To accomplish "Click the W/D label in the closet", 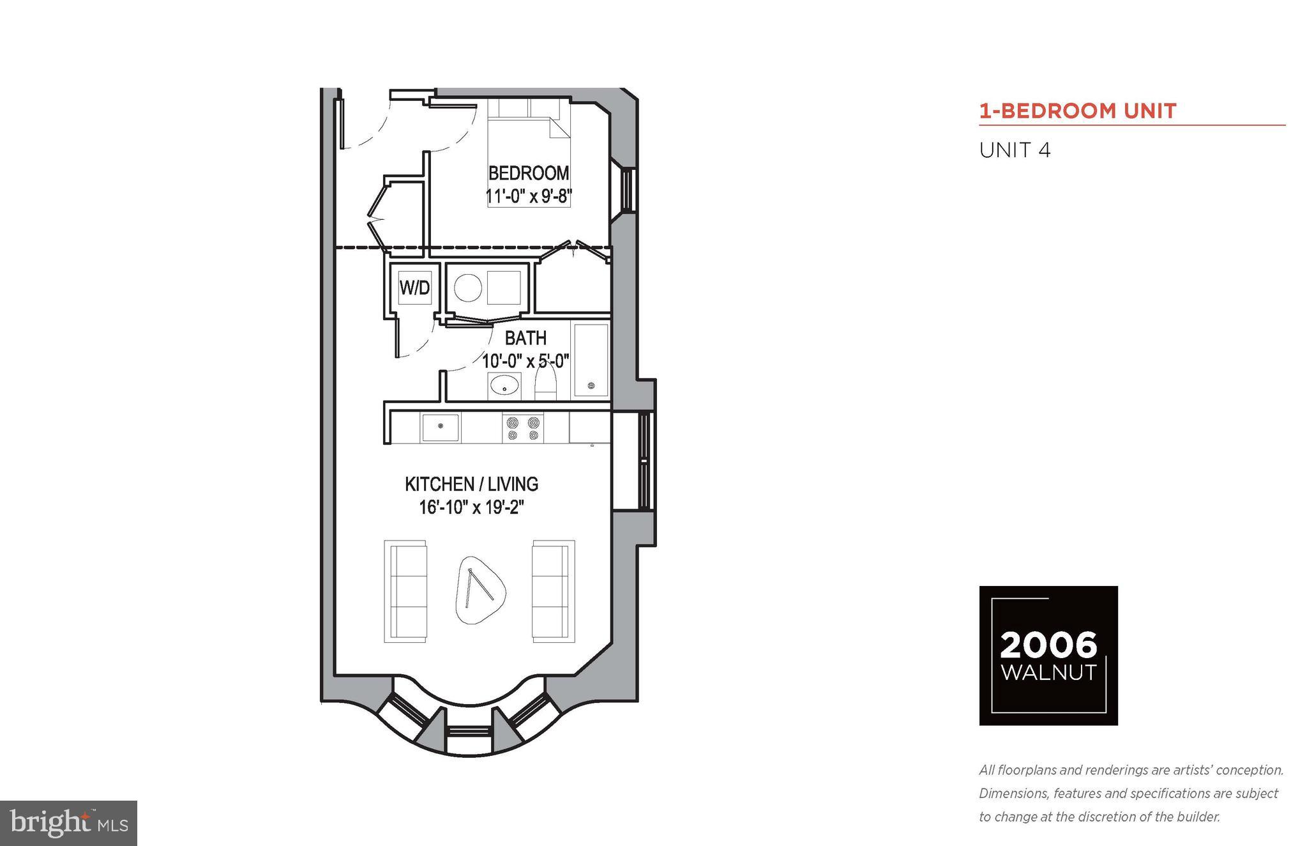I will pos(414,288).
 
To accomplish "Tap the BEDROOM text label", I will pos(528,173).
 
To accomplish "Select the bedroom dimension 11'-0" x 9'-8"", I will pos(528,196).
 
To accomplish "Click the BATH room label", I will pos(525,337).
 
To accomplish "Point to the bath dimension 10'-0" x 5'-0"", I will pos(525,361).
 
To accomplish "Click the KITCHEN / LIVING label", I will pos(471,484).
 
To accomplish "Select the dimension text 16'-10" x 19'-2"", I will pos(471,507).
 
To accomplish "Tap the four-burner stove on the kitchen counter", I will pos(523,428).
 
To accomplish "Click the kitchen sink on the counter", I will pos(439,427).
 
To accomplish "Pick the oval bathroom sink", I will pos(504,386).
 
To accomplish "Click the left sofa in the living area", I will pos(405,591).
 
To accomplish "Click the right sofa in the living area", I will pos(554,591).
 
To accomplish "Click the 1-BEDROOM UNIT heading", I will pos(1078,111).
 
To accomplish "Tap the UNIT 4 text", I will pos(1015,151).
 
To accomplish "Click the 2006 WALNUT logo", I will pos(1048,656).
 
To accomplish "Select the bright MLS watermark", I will pos(68,823).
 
